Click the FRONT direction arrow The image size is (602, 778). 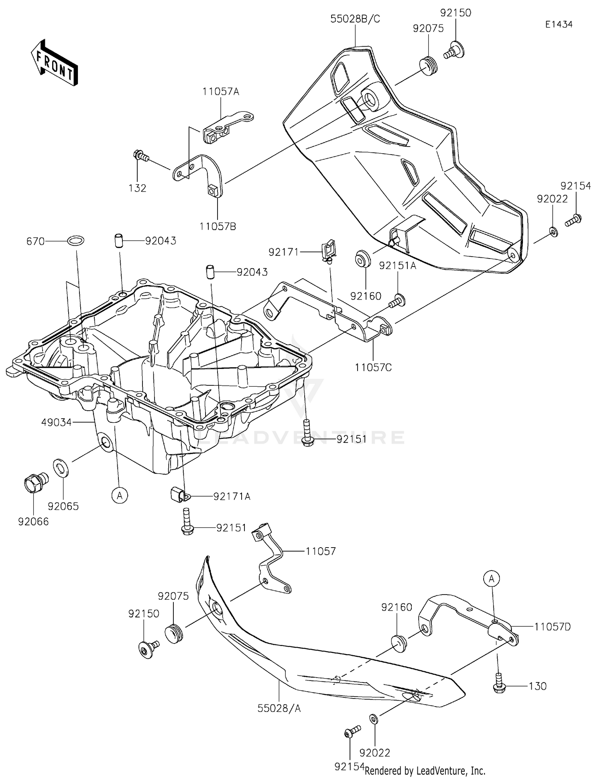click(x=54, y=63)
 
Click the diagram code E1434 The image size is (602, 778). click(x=559, y=24)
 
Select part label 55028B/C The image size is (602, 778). click(x=355, y=19)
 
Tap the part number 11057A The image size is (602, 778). click(x=221, y=92)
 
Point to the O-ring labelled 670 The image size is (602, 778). click(x=76, y=241)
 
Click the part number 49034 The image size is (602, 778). click(x=56, y=422)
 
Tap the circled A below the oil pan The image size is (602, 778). click(x=120, y=496)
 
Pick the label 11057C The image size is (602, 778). click(x=373, y=367)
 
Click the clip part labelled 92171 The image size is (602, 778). click(x=329, y=251)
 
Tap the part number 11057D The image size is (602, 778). click(x=552, y=626)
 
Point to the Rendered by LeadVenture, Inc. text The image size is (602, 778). click(x=425, y=770)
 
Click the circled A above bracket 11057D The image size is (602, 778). click(x=493, y=578)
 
